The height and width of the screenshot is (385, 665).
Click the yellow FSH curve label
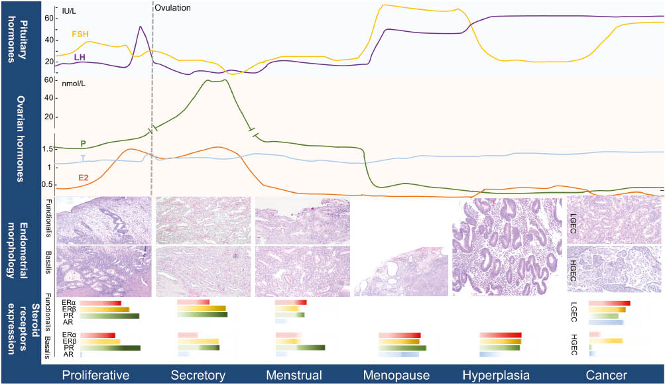[x=80, y=33]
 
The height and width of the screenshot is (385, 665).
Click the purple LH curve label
[x=79, y=58]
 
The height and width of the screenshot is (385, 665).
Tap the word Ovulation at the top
[x=173, y=8]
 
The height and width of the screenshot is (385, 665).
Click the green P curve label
[x=83, y=143]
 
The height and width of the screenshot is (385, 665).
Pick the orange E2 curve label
[x=84, y=178]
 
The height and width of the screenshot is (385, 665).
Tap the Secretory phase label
[x=198, y=375]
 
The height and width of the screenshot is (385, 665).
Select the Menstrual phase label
[x=294, y=375]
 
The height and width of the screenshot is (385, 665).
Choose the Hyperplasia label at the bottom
[x=496, y=375]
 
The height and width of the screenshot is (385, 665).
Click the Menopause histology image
[x=400, y=270]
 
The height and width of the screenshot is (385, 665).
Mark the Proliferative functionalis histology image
[x=105, y=220]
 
